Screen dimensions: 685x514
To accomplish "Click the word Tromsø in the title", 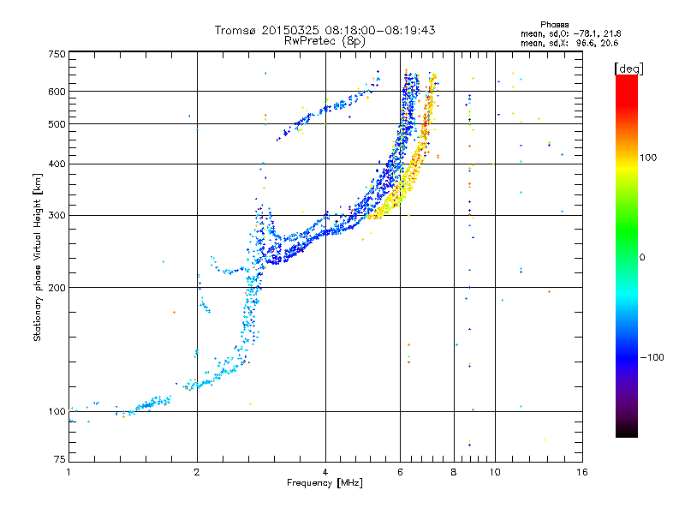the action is [x=236, y=30].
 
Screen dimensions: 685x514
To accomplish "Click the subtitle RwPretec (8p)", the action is [x=325, y=41].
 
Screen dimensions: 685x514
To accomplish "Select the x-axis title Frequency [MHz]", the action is [x=325, y=483].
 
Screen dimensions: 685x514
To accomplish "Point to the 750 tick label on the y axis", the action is [x=57, y=54].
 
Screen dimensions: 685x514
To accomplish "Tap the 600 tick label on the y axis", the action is [x=57, y=92].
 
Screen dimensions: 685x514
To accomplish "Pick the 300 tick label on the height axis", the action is [x=57, y=216].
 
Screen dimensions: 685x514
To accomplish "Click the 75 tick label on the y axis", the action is [x=60, y=459].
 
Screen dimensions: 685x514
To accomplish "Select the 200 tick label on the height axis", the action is [x=57, y=288].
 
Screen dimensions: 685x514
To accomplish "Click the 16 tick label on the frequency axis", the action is [x=582, y=472].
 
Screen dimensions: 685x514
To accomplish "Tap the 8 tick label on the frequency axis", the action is [x=454, y=472].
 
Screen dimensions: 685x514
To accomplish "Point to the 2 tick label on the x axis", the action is [x=197, y=472].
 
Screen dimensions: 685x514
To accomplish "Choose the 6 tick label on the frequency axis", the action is [x=400, y=472].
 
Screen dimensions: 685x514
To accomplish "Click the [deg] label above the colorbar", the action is [x=628, y=69].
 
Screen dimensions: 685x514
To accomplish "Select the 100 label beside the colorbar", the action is [x=648, y=158].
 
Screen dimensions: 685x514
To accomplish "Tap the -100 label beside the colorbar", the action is [x=652, y=357].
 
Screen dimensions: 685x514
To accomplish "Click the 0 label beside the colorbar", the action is [x=642, y=258].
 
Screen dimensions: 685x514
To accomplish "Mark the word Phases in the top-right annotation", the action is [x=554, y=25].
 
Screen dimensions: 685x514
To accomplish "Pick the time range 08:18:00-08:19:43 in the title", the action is [x=379, y=30].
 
